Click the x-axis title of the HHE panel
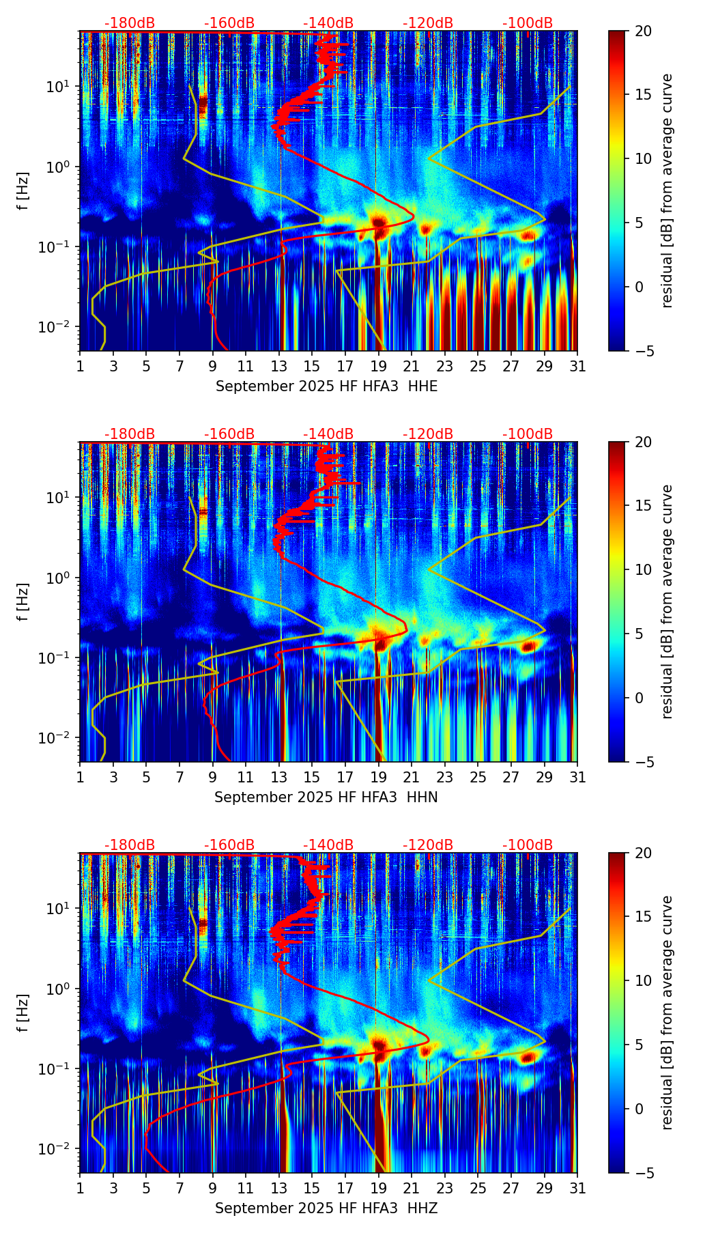(326, 386)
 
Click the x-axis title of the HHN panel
(326, 797)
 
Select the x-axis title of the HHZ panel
(326, 1208)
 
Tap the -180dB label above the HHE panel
(130, 23)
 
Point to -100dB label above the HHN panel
(528, 434)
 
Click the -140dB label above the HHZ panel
(328, 845)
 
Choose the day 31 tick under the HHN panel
(577, 778)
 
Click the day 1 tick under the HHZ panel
(80, 1189)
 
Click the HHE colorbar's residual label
(667, 190)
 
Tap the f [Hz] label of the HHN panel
(23, 601)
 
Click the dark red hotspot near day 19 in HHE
(379, 223)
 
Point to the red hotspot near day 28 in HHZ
(527, 1058)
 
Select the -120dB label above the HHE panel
(428, 23)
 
